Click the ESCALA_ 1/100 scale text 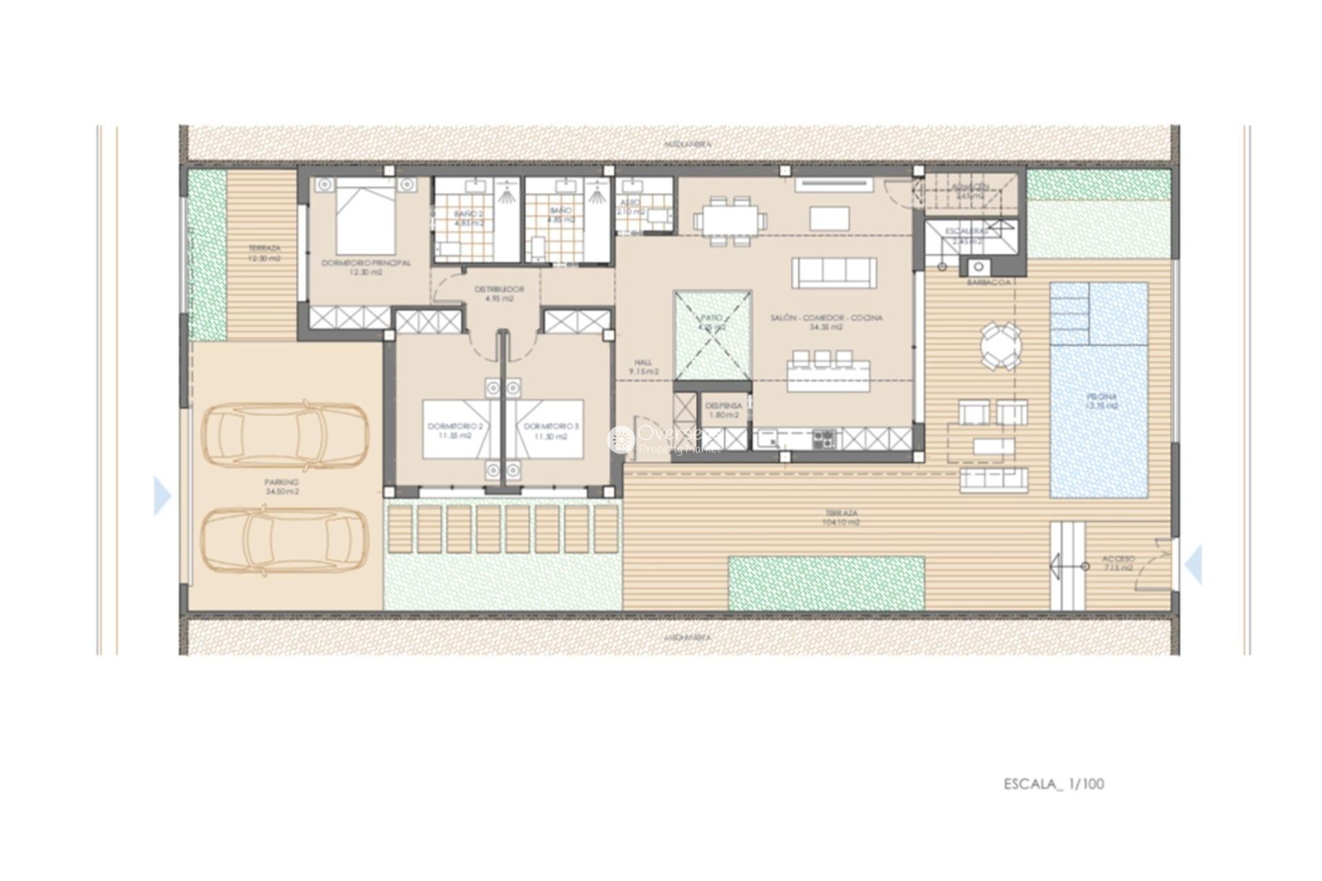(x=1053, y=784)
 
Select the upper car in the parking (x=284, y=433)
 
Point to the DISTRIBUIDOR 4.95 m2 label (x=499, y=294)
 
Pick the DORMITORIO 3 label (x=552, y=431)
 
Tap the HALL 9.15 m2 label (x=644, y=367)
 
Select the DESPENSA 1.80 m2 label (x=723, y=410)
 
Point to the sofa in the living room (x=835, y=273)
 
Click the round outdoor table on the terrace (x=1001, y=346)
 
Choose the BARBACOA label (x=988, y=282)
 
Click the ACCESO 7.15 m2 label (x=1118, y=563)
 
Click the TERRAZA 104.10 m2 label (x=842, y=518)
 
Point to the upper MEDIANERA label (x=678, y=145)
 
